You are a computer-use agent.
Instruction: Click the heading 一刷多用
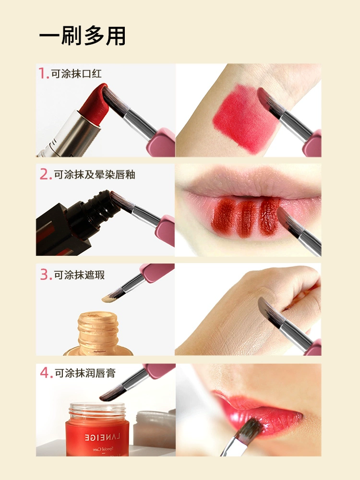coord(83,36)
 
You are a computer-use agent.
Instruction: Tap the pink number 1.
coord(43,73)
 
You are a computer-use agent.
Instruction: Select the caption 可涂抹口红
coord(76,74)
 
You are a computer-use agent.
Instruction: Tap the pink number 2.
coord(46,175)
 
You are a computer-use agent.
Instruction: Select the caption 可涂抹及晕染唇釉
coord(95,175)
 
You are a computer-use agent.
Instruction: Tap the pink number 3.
coord(46,275)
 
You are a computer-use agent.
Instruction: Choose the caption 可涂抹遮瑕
coord(79,275)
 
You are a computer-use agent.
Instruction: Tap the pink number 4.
coord(46,373)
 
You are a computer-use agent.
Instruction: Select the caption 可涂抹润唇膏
coord(84,373)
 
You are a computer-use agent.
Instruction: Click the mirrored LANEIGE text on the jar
coord(103,437)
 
